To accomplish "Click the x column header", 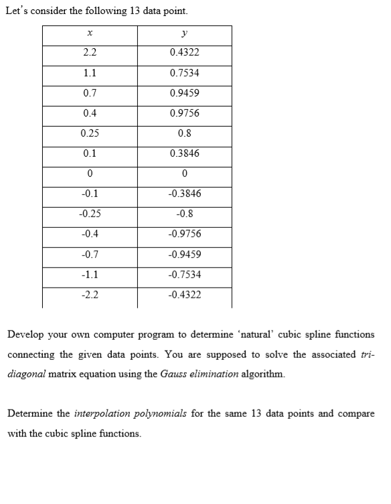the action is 89,32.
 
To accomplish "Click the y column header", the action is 184,32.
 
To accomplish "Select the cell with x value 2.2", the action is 89,52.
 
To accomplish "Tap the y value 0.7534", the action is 184,72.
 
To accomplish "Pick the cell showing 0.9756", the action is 184,113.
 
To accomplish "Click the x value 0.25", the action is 89,133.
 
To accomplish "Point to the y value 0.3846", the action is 184,153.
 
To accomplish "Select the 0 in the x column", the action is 89,174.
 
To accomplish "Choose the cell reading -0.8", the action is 184,214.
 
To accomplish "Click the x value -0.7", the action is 89,255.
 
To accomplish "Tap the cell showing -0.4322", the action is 184,295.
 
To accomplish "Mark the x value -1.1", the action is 89,275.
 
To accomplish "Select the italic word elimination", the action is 215,374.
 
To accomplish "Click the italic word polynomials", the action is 162,414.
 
